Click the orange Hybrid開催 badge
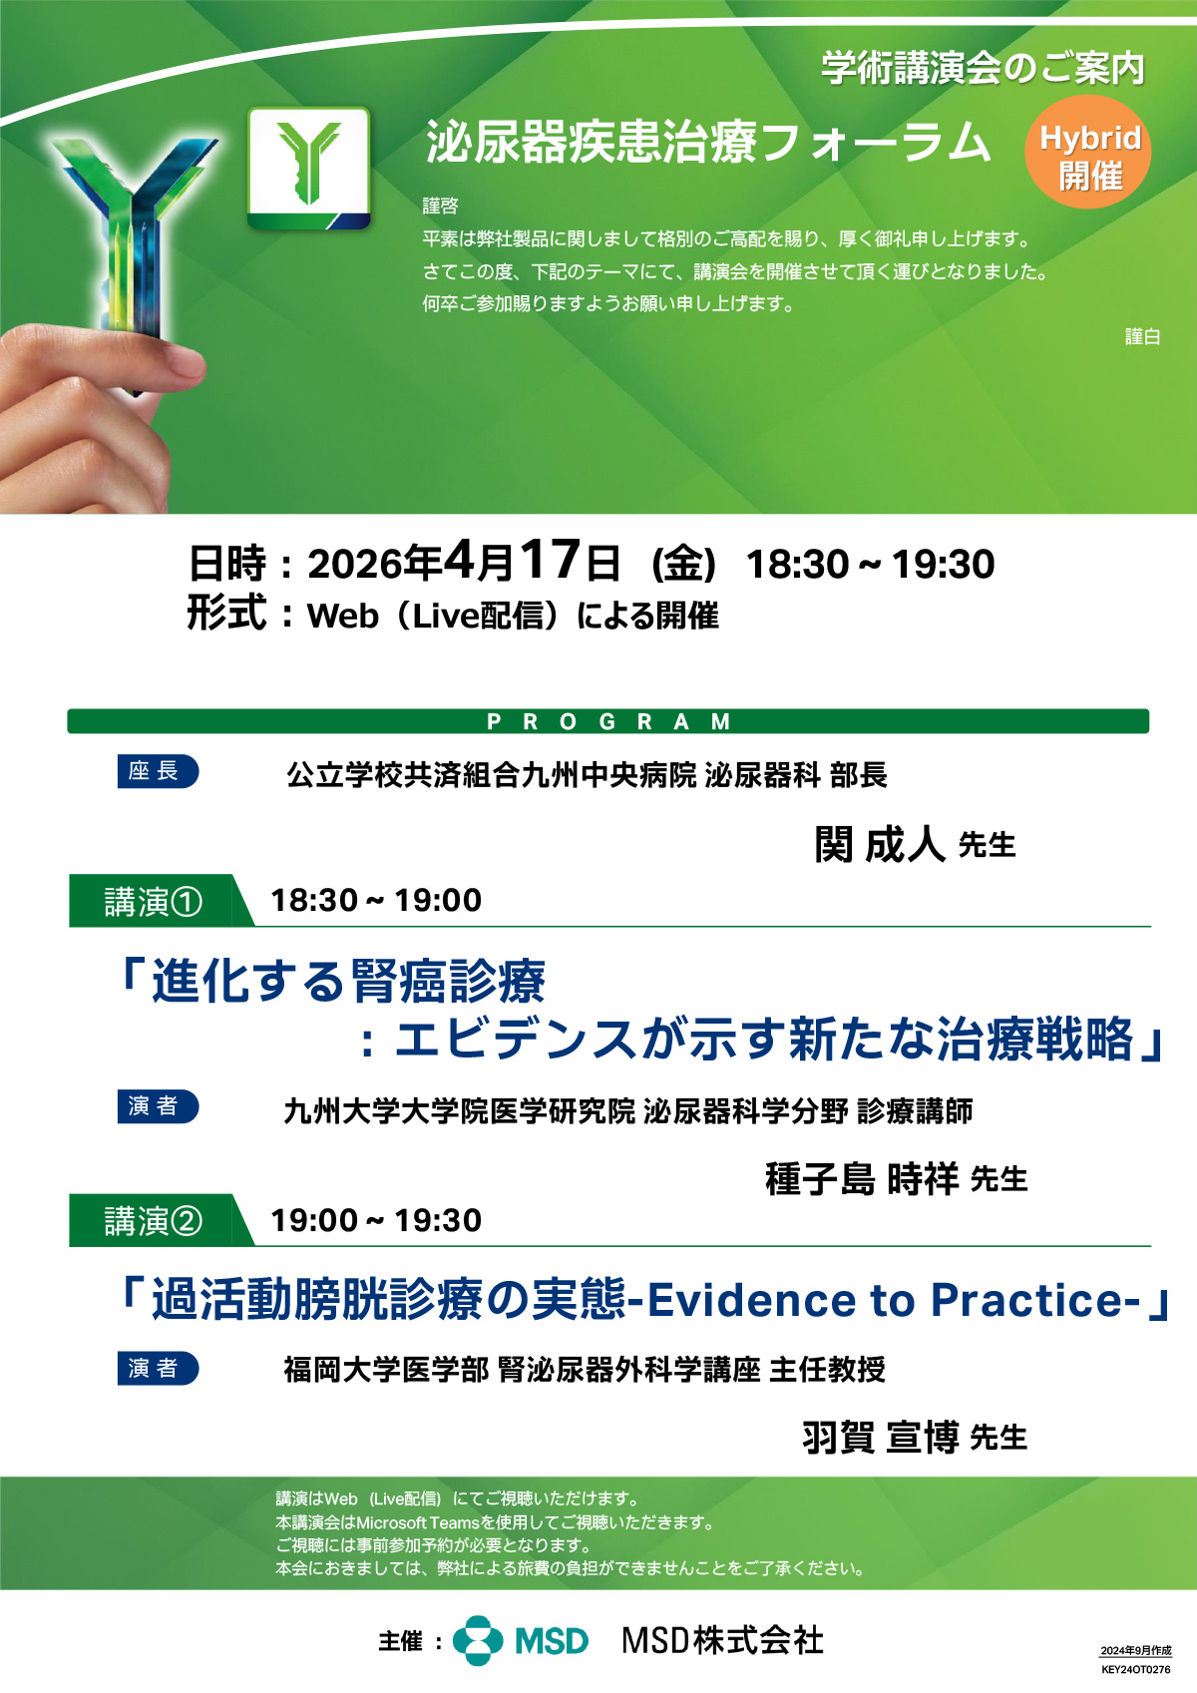coord(1087,152)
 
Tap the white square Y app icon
coord(309,169)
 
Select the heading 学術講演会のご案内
coord(984,69)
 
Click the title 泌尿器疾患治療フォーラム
coord(707,142)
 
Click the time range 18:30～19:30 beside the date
coord(870,564)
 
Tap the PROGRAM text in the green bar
coord(608,721)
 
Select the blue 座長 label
coord(158,771)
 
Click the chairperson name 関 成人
coord(880,843)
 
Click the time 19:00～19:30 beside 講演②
coord(376,1221)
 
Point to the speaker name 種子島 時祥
coord(862,1179)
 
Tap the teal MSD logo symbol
coord(478,1641)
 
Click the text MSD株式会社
coord(722,1640)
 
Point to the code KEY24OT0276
coord(1136,1670)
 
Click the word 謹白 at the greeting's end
coord(1142,336)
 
